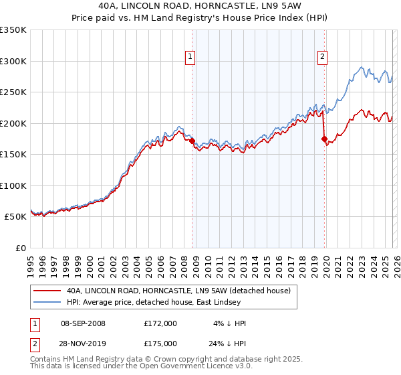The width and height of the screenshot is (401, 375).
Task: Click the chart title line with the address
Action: pos(200,6)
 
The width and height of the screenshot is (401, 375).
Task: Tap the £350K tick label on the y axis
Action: pos(13,30)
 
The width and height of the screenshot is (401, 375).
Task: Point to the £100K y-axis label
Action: pos(13,185)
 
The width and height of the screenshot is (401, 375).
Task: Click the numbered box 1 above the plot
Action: pos(190,58)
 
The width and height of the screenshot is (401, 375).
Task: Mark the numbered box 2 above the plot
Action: pos(322,58)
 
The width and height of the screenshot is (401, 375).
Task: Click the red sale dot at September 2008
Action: pos(192,141)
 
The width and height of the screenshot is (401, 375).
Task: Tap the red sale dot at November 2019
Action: pos(324,139)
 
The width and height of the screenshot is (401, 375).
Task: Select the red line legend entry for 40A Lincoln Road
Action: pos(178,291)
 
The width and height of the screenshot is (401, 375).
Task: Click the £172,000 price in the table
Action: pos(160,323)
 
